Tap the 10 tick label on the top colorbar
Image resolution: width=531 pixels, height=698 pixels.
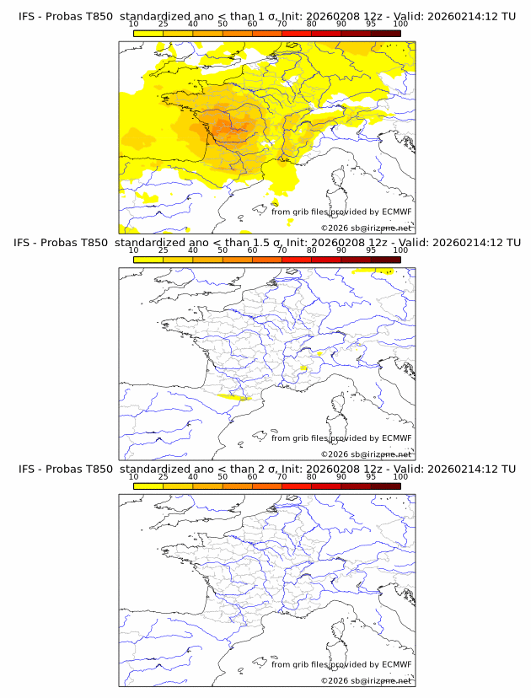point(134,24)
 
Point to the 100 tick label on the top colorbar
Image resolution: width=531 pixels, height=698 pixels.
point(400,24)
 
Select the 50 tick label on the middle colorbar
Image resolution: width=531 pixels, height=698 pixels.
point(223,250)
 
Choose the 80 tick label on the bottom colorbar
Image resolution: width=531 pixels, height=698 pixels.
point(312,476)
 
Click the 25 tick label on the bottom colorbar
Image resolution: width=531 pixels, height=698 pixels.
point(164,476)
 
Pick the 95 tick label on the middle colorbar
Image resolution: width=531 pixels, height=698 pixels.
point(371,250)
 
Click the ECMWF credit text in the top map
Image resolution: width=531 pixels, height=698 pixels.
point(341,212)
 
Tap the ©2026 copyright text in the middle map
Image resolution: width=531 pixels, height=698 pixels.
point(366,454)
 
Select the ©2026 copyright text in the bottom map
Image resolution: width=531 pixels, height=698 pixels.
point(366,680)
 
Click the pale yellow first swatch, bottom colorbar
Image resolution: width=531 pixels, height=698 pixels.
point(148,486)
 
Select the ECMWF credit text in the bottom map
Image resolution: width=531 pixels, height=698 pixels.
point(341,664)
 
